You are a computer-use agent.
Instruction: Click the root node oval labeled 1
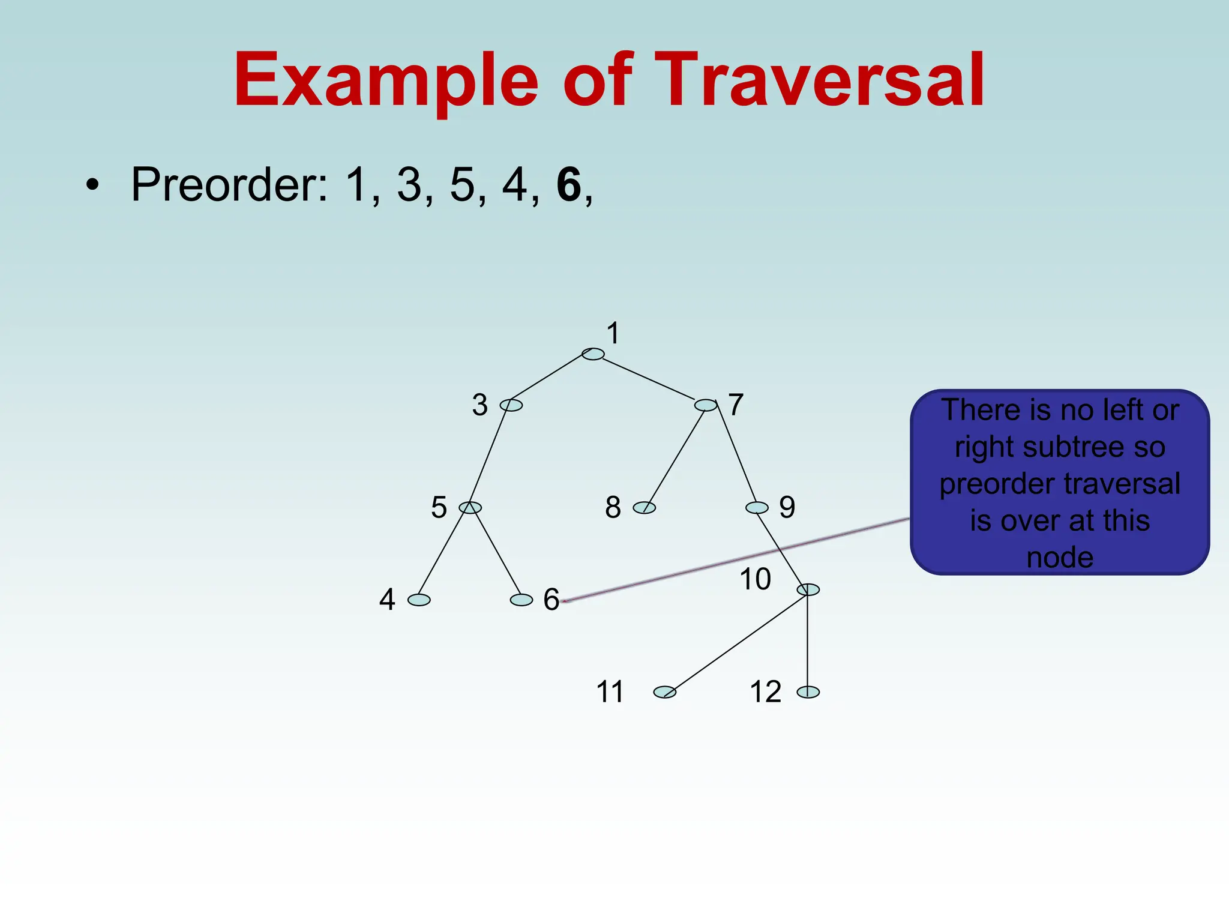pos(593,354)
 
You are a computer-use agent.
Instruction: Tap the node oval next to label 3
pos(511,405)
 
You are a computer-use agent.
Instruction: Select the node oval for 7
pos(706,405)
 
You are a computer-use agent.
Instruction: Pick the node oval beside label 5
pos(470,508)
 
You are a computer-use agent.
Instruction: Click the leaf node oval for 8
pos(645,508)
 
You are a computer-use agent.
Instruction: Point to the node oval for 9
pos(757,508)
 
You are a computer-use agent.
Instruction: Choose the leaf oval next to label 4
pos(419,600)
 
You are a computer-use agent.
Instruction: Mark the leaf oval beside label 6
pos(521,600)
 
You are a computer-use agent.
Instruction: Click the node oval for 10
pos(808,589)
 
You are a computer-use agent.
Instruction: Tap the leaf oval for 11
pos(665,692)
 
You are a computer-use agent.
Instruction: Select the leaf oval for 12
pos(808,692)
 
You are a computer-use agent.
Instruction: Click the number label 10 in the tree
pos(755,579)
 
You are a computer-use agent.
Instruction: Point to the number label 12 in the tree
pos(766,691)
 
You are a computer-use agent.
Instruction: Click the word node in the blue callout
pos(1060,558)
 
